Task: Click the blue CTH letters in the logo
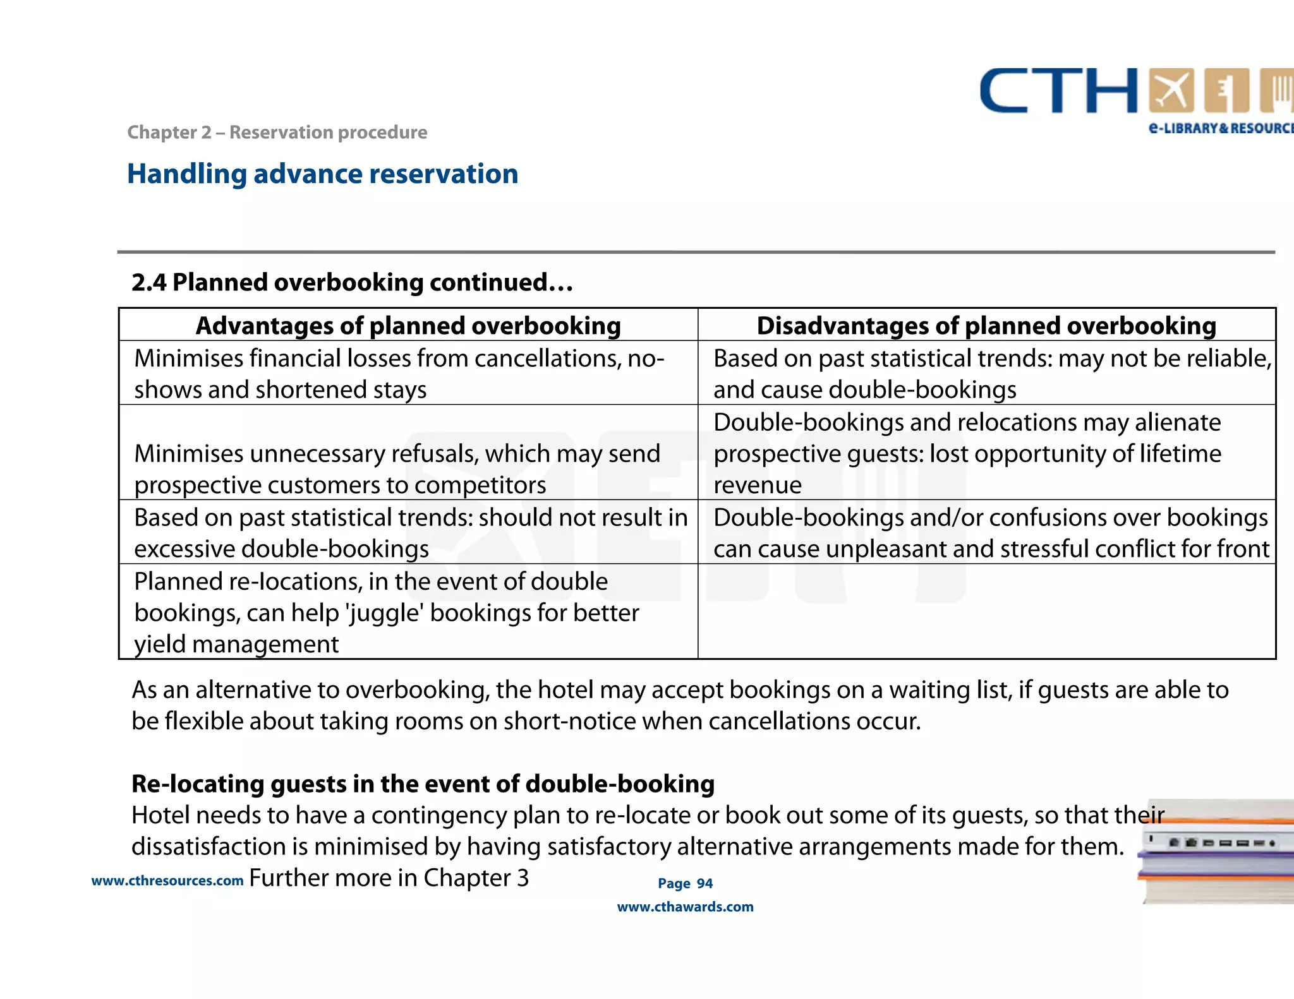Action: (1058, 92)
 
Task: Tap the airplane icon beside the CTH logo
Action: (1172, 90)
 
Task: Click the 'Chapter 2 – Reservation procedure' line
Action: (277, 133)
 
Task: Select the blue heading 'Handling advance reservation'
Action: (322, 174)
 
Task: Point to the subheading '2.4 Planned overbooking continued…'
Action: (352, 282)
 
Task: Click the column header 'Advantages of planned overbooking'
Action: (408, 326)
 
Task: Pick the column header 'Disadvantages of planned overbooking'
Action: (986, 326)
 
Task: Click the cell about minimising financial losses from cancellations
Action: (399, 374)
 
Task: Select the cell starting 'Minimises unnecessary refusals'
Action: (397, 469)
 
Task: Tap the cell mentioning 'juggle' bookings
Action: (387, 613)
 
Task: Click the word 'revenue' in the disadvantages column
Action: (758, 485)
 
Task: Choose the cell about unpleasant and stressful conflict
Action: (991, 533)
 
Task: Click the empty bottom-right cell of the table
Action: (986, 611)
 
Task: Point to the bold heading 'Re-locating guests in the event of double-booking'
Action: (423, 784)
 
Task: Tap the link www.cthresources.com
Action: (167, 881)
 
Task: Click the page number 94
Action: (704, 883)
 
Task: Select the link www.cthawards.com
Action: (685, 907)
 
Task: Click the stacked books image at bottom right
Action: (1216, 852)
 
